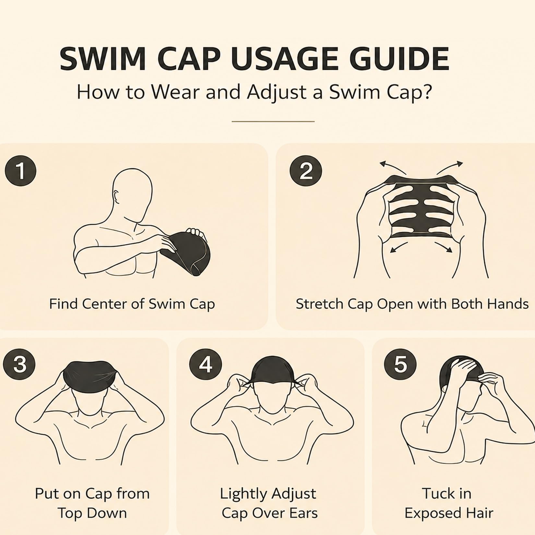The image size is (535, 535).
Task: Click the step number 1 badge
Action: pos(20,171)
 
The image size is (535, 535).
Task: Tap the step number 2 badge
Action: pos(306,171)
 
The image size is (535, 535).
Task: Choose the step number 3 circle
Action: pos(19,364)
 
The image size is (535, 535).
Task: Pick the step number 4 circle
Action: pos(206,364)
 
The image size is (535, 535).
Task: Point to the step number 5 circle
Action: pos(400,364)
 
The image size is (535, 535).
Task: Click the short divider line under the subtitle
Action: pos(273,122)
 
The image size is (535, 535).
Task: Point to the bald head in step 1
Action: pos(132,191)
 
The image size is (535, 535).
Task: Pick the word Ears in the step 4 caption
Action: pos(302,513)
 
